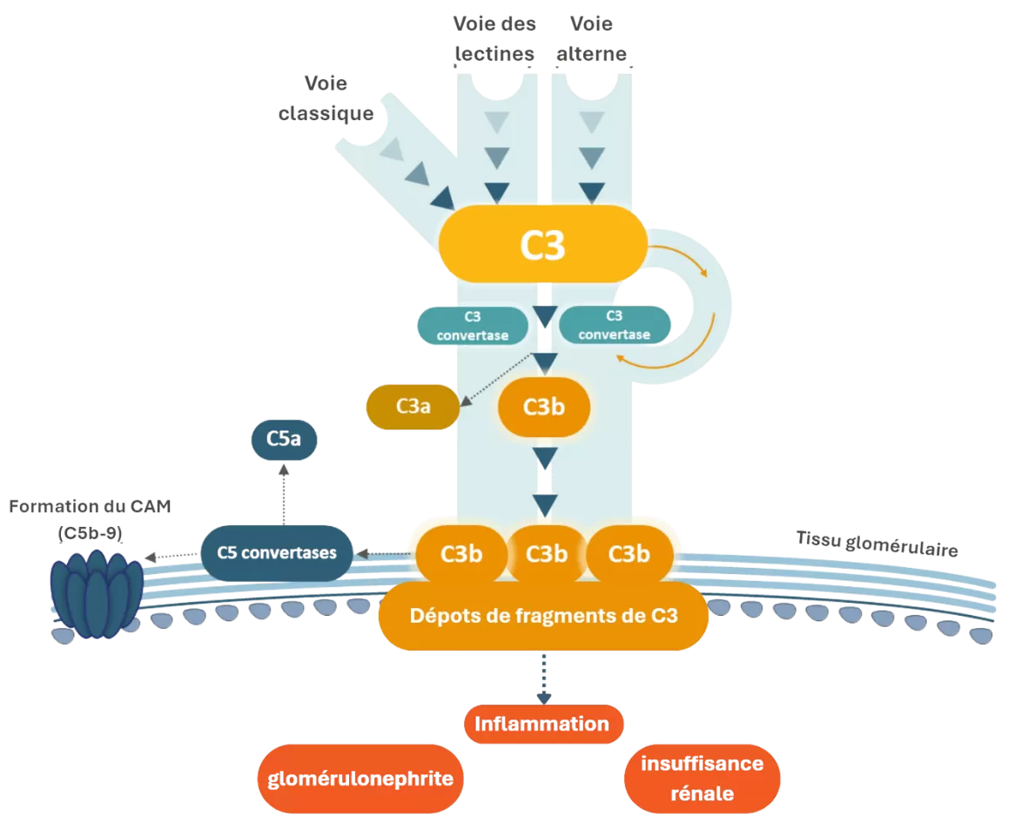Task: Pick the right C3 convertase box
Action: click(x=614, y=325)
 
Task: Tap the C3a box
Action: click(x=413, y=406)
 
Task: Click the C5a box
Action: click(x=284, y=440)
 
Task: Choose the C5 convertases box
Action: click(x=277, y=552)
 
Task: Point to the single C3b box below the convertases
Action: click(x=544, y=406)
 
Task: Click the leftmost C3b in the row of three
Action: click(x=461, y=554)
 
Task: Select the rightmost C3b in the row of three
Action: click(x=628, y=554)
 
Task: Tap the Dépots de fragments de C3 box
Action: click(x=543, y=616)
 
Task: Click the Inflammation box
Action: click(x=543, y=724)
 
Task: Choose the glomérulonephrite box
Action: click(x=360, y=778)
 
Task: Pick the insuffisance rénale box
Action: click(x=702, y=779)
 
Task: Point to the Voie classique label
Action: click(x=326, y=98)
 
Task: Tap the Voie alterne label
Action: click(x=591, y=38)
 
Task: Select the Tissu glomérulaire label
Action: click(x=877, y=542)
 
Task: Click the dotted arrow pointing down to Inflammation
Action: click(x=544, y=678)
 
